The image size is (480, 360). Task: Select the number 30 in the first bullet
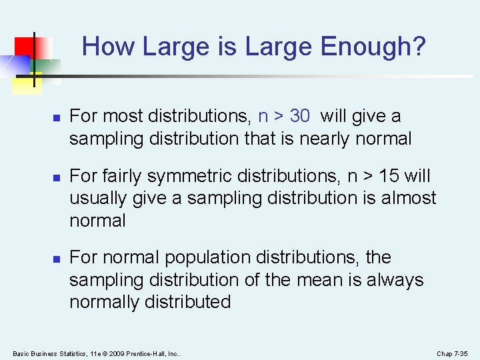pos(299,116)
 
